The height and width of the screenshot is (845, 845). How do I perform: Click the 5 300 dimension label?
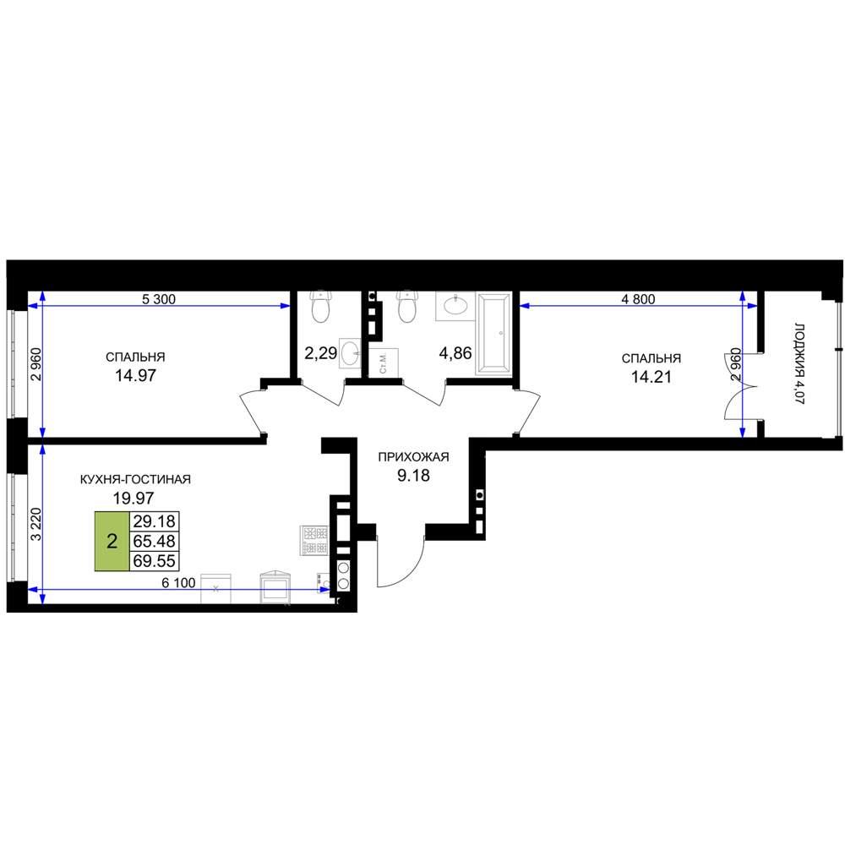[159, 299]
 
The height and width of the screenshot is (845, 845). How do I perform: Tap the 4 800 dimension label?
[638, 299]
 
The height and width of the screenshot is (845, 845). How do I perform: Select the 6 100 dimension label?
[178, 583]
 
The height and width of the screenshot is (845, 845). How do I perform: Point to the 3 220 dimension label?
[36, 524]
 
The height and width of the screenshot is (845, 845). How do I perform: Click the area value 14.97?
[135, 376]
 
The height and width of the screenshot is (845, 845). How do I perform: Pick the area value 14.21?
[651, 377]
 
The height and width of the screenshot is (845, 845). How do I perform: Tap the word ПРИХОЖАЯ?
[413, 457]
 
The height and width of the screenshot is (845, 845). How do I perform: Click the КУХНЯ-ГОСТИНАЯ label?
[135, 479]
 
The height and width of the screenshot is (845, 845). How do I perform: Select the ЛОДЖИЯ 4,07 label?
[799, 363]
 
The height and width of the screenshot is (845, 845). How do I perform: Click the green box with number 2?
[112, 541]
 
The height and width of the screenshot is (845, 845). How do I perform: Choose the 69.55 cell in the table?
[154, 561]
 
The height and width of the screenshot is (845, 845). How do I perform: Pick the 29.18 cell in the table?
[154, 521]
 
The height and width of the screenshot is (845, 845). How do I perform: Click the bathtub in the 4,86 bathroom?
[494, 334]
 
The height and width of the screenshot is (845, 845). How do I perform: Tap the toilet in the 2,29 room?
[320, 306]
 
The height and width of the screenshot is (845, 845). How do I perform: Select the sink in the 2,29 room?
[351, 353]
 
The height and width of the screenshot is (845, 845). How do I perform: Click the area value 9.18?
[413, 476]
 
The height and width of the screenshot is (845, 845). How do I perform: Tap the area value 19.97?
[134, 499]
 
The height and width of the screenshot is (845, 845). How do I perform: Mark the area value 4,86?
[455, 353]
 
